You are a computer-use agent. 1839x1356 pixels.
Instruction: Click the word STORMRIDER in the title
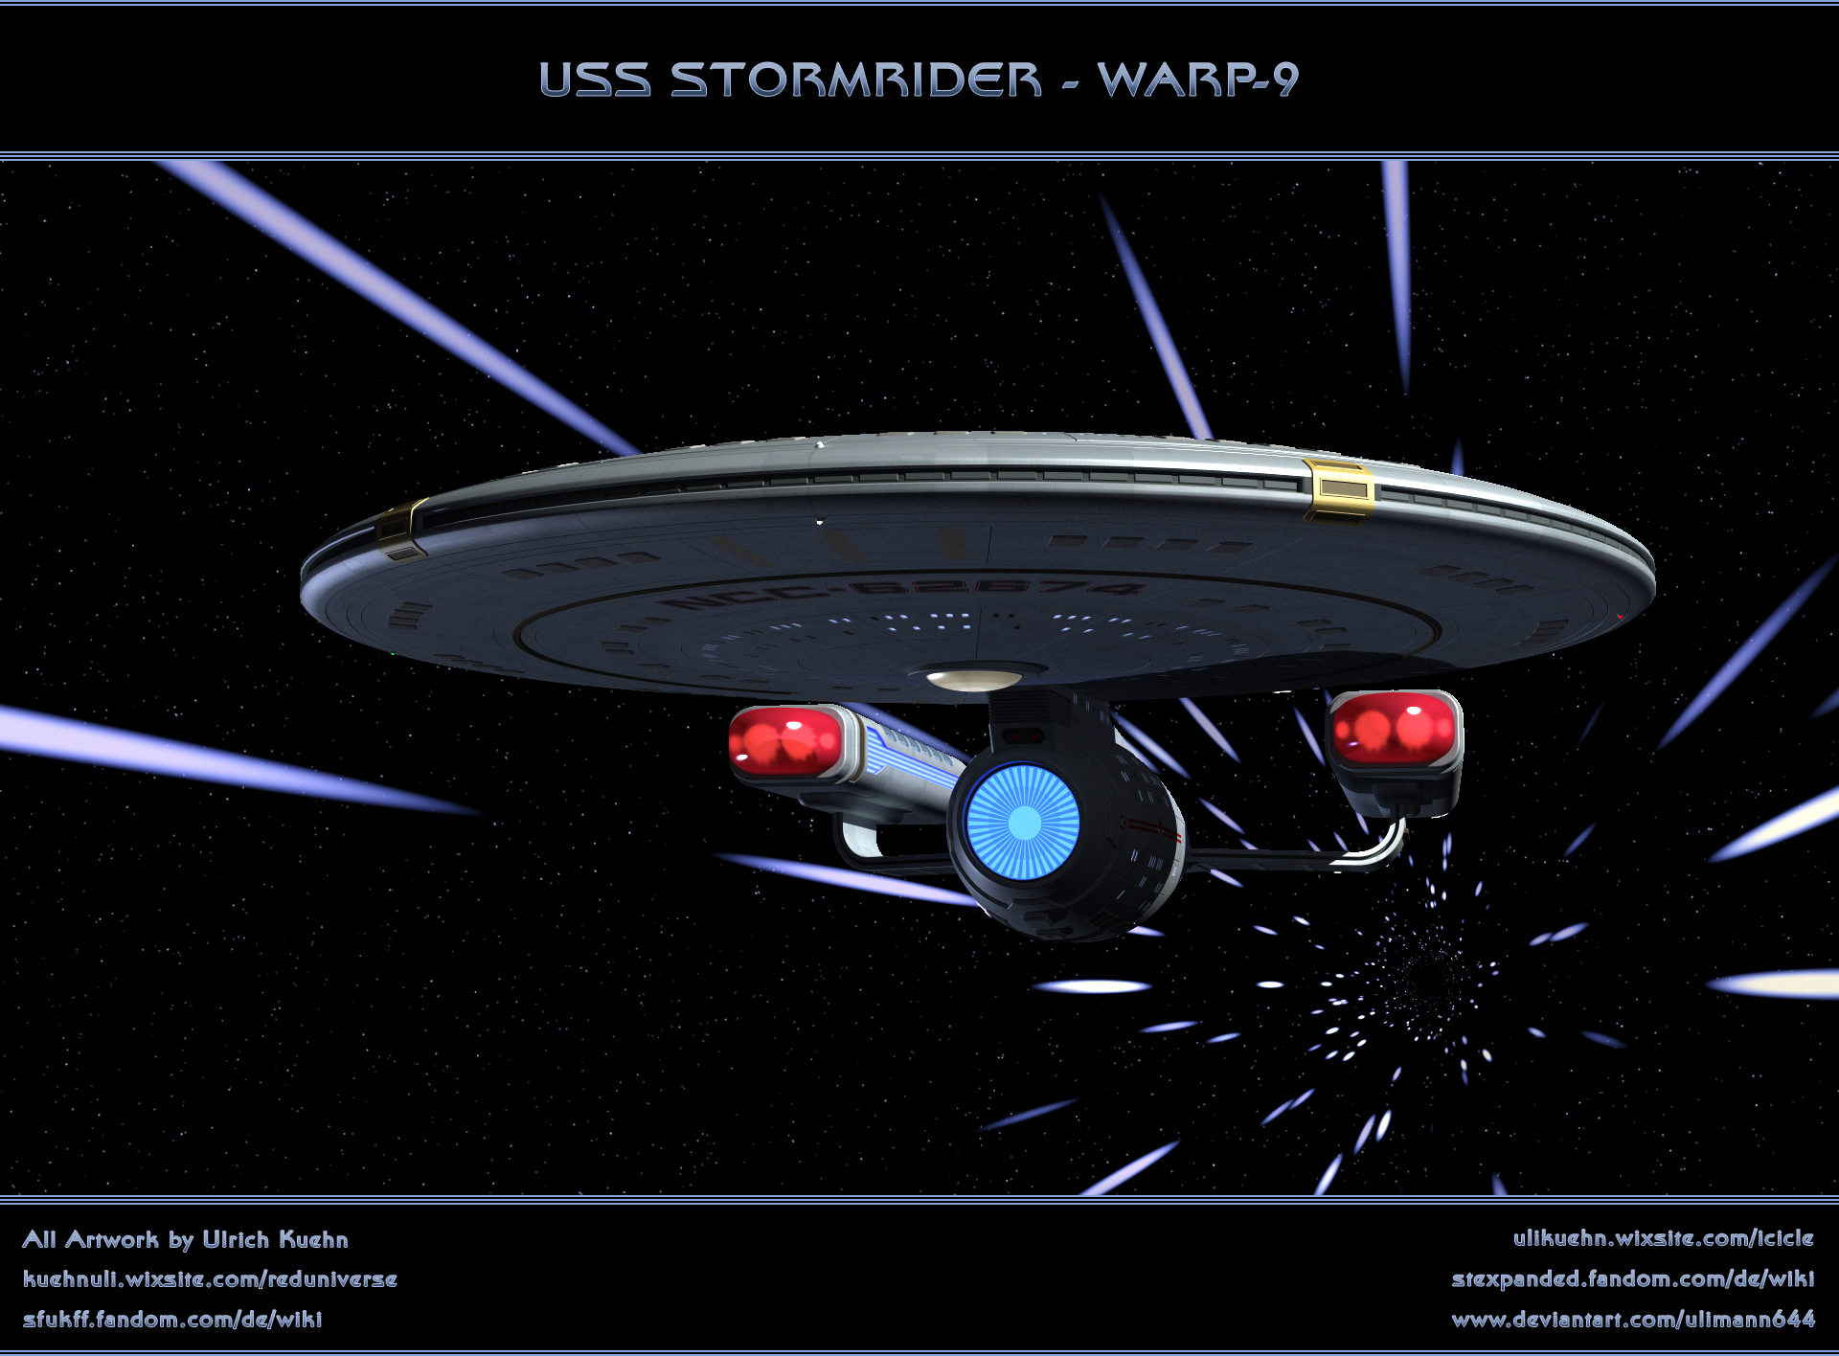(855, 79)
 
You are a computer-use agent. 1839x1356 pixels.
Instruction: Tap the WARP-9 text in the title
(1198, 79)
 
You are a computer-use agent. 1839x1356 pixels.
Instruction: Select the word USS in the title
(595, 79)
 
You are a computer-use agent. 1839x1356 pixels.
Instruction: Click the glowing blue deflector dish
(1023, 822)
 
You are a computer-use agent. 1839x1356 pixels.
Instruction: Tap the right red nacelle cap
(1394, 729)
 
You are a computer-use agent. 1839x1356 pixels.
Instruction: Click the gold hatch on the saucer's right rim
(1338, 488)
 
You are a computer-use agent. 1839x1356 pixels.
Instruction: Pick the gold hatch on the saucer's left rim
(400, 530)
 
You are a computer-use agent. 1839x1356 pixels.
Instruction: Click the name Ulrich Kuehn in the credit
(275, 1239)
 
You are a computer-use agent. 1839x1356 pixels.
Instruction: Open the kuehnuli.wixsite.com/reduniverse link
(210, 1279)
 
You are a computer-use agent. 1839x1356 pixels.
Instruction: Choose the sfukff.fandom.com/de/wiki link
(172, 1320)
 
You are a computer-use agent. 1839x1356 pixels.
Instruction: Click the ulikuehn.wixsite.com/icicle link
(1663, 1238)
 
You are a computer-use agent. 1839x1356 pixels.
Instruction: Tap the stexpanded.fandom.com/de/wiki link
(1632, 1279)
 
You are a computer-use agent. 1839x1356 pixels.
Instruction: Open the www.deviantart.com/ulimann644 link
(1632, 1320)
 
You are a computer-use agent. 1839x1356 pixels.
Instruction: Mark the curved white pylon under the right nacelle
(1379, 847)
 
